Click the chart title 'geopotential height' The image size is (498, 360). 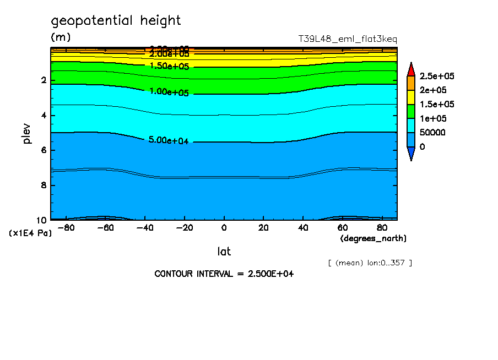coord(116,21)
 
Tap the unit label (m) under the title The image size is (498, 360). coord(61,37)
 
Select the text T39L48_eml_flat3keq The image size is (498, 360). coord(347,39)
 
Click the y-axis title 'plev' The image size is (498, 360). coord(28,134)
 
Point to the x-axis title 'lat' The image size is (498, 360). coord(224,252)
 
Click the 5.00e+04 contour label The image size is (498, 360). coord(169,140)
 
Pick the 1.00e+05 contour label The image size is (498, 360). coord(169,92)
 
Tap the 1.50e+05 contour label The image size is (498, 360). coord(169,66)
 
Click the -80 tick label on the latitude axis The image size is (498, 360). coord(66,227)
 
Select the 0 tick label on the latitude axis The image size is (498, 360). coord(224,227)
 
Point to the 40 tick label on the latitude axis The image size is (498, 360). coord(303,227)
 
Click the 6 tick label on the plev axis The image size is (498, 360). coord(44,150)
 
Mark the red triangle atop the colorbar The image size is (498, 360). coord(411,69)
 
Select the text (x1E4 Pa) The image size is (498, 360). coord(30,233)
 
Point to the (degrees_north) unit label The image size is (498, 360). coord(373,238)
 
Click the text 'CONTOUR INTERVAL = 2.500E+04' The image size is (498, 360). coord(224,274)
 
